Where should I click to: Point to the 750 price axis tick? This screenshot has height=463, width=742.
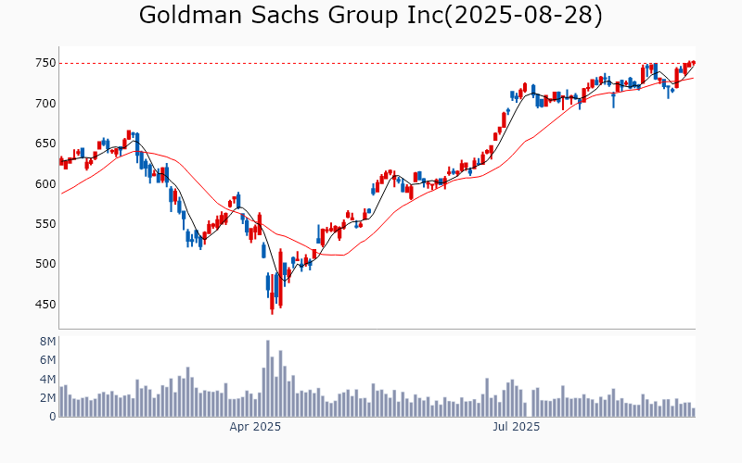pyautogui.click(x=45, y=63)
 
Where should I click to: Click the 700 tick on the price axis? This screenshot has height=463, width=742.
pyautogui.click(x=45, y=104)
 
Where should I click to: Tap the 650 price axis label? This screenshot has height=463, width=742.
pyautogui.click(x=45, y=144)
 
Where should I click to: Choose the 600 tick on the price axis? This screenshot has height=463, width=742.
pyautogui.click(x=45, y=183)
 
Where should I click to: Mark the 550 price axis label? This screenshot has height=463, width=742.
pyautogui.click(x=45, y=224)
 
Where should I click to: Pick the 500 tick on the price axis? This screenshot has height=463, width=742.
pyautogui.click(x=45, y=264)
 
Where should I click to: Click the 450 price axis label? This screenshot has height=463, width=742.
pyautogui.click(x=45, y=304)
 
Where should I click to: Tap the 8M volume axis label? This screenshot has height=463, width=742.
pyautogui.click(x=48, y=342)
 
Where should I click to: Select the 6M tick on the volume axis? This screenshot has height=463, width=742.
pyautogui.click(x=48, y=360)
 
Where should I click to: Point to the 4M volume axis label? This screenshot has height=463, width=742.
pyautogui.click(x=48, y=379)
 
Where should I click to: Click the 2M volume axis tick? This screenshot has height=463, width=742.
pyautogui.click(x=48, y=398)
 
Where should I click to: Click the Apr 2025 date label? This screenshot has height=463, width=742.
pyautogui.click(x=255, y=428)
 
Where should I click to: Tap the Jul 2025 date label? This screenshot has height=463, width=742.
pyautogui.click(x=516, y=428)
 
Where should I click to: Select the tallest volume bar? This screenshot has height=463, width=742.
pyautogui.click(x=268, y=379)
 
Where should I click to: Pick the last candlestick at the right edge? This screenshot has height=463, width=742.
pyautogui.click(x=693, y=63)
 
